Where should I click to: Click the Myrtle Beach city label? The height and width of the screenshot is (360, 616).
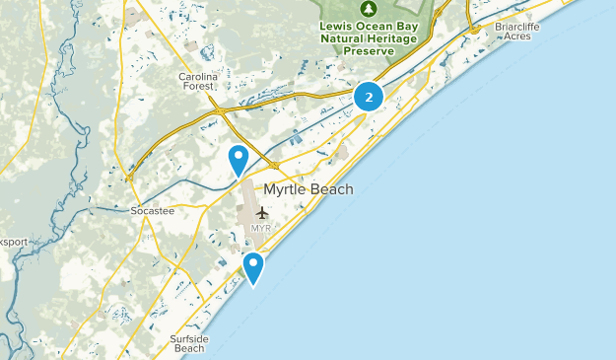point(308,190)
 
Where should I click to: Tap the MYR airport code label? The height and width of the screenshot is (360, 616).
point(260,229)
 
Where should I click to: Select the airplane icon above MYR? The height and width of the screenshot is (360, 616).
point(261,212)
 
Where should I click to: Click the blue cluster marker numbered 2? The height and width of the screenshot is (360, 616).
point(369,97)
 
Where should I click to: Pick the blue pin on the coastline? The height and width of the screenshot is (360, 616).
point(253,267)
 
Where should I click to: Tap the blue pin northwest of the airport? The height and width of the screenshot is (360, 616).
point(238,159)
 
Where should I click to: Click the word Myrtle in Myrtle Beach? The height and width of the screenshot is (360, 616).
point(286,190)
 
